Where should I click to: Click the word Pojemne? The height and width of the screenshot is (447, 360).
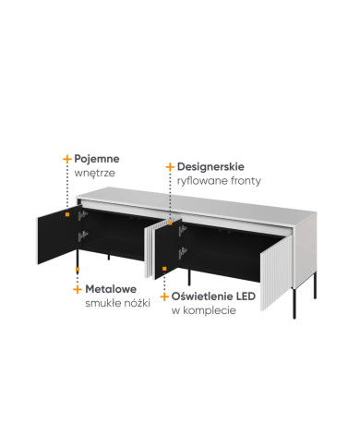tap(97, 159)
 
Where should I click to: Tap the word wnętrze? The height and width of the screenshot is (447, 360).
tap(95, 173)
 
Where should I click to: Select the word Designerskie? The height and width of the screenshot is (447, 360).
tap(210, 167)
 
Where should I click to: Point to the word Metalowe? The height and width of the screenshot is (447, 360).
tap(111, 289)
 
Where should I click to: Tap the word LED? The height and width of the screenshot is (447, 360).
tap(246, 296)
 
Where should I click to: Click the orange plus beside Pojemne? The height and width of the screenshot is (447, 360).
tap(67, 159)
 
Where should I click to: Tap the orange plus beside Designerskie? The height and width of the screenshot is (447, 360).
tap(170, 167)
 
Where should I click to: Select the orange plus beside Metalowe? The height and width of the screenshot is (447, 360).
tap(78, 289)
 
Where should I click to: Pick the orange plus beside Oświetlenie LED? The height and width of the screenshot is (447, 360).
tap(164, 296)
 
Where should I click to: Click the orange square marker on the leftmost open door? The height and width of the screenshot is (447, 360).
tap(67, 214)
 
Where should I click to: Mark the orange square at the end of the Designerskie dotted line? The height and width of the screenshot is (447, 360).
tap(170, 223)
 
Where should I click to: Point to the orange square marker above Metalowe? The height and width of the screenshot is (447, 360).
tap(78, 269)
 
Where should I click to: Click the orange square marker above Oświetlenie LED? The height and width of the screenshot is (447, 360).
tap(164, 269)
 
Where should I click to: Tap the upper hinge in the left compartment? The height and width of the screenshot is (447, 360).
tap(82, 215)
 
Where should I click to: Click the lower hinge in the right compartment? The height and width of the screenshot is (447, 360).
tap(183, 253)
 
